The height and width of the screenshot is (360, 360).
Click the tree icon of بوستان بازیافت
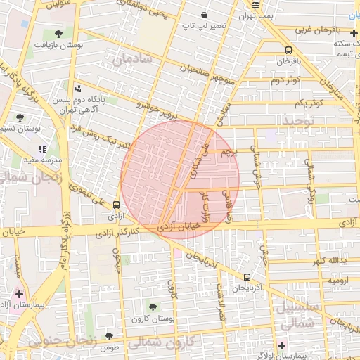tap(58, 34)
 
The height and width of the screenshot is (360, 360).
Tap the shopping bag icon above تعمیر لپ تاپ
tap(204, 15)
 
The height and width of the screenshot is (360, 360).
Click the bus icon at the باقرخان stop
tap(289, 50)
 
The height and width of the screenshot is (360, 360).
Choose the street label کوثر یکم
tap(309, 103)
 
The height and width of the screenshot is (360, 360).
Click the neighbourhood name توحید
tap(301, 121)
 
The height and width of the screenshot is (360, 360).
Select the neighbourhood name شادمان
tap(136, 59)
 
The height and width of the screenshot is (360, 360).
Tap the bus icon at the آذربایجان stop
tap(247, 277)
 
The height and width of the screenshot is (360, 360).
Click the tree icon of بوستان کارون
tap(153, 307)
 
